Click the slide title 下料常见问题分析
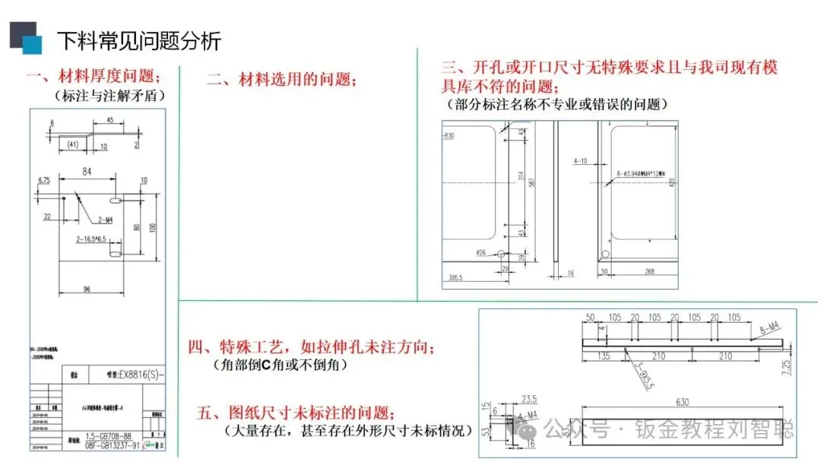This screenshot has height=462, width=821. (139, 40)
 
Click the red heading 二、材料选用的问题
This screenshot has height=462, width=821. (282, 80)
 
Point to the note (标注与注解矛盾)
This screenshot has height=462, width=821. (109, 97)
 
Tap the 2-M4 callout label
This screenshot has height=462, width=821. (106, 220)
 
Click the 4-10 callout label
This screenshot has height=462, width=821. (581, 161)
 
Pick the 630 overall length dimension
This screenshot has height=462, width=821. (671, 403)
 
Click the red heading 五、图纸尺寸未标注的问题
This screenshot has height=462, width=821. (296, 413)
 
